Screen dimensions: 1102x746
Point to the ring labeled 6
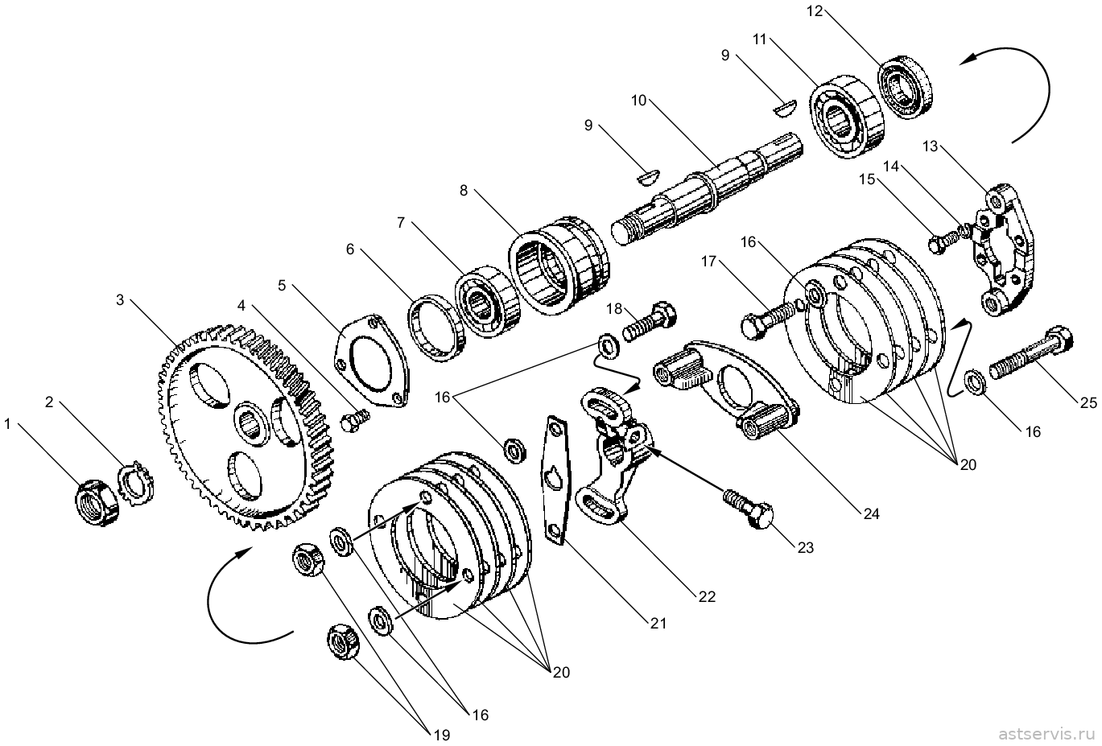click(435, 328)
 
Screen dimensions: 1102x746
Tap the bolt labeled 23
click(748, 508)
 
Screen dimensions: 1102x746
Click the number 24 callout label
click(871, 514)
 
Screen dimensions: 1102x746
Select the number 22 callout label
click(707, 597)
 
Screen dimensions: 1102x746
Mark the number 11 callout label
click(760, 39)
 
